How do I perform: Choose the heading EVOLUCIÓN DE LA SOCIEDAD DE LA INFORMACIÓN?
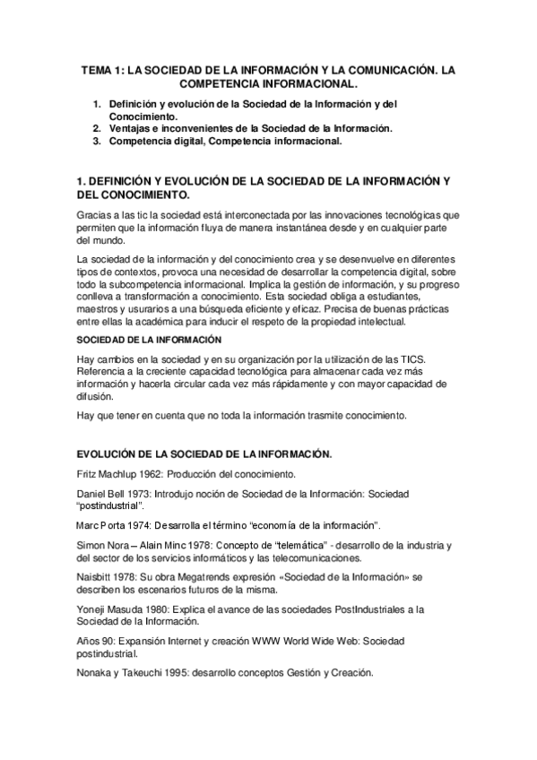(205, 454)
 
